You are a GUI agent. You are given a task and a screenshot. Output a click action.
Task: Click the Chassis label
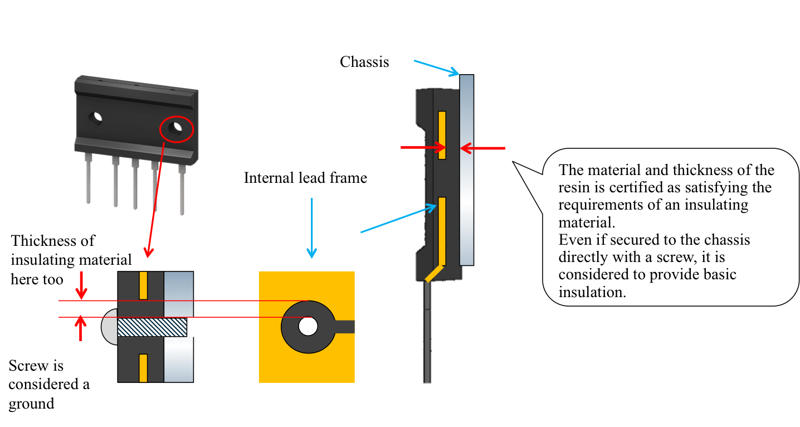tap(364, 62)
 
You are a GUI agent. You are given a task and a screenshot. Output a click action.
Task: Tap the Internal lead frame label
tap(305, 178)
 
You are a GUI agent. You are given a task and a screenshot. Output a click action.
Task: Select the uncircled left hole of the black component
tap(95, 119)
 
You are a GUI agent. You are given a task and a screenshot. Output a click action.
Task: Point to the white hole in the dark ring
tap(308, 326)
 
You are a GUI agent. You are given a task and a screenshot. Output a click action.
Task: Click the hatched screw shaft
tap(152, 327)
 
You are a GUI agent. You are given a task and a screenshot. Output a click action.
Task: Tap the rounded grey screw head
tap(110, 327)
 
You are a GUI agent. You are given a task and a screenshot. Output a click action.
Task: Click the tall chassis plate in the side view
tap(466, 169)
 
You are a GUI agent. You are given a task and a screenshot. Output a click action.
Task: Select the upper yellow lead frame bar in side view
tap(442, 135)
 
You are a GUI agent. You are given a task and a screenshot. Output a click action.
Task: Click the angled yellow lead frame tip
tap(434, 273)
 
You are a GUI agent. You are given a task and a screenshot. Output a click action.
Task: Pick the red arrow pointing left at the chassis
tap(482, 148)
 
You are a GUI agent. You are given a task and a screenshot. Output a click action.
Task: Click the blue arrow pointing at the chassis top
tap(436, 68)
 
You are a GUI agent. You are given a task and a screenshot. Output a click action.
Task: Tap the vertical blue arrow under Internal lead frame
tap(312, 228)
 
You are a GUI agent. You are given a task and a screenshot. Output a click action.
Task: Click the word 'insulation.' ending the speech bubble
tap(592, 292)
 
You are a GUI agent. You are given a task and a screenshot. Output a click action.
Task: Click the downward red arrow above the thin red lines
tap(81, 285)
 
